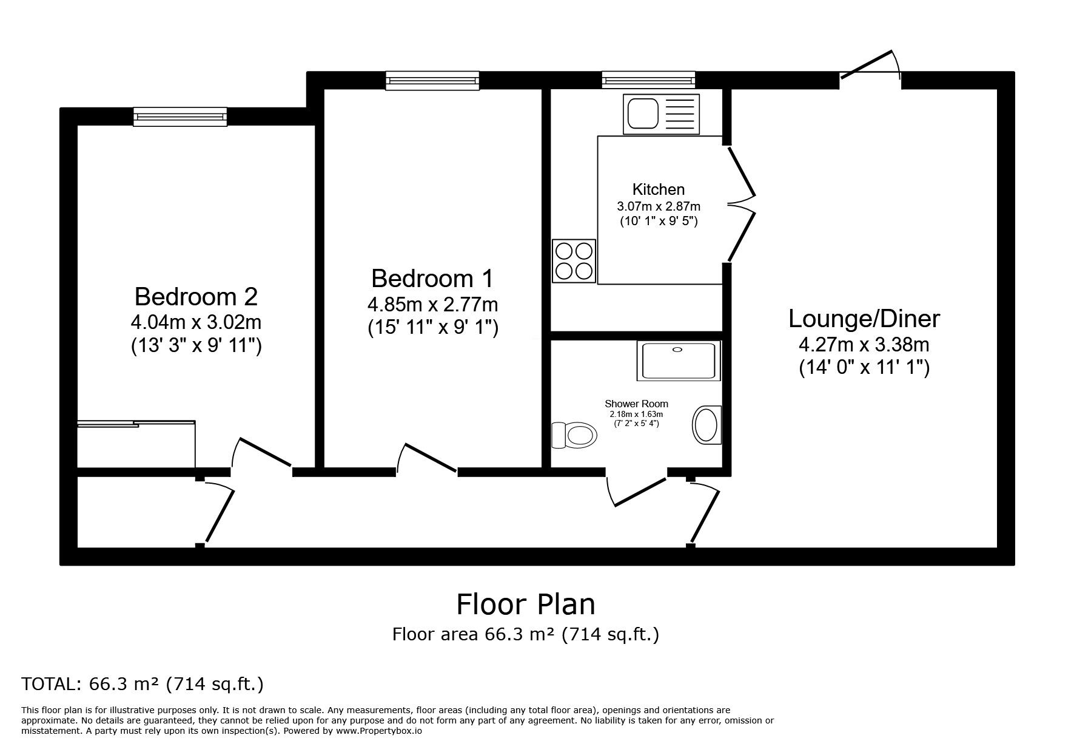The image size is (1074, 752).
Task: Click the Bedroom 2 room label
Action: click(x=196, y=297)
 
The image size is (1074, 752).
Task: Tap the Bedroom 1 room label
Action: click(x=432, y=279)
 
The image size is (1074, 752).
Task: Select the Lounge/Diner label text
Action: click(x=864, y=319)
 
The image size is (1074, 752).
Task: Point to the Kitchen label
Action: click(x=659, y=189)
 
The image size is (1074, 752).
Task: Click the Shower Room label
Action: click(x=636, y=404)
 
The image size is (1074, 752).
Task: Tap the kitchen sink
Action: click(x=661, y=113)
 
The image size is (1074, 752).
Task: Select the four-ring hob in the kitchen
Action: click(x=574, y=260)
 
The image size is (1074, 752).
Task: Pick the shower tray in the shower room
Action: click(x=679, y=361)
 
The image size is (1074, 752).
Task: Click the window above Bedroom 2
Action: click(x=180, y=117)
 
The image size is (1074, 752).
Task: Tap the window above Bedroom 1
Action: click(x=432, y=81)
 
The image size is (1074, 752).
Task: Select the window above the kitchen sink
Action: click(x=648, y=81)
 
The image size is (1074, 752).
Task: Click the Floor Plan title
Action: click(x=526, y=605)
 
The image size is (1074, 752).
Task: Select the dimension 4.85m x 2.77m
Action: click(x=432, y=303)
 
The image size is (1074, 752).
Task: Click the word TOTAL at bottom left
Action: click(x=47, y=685)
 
